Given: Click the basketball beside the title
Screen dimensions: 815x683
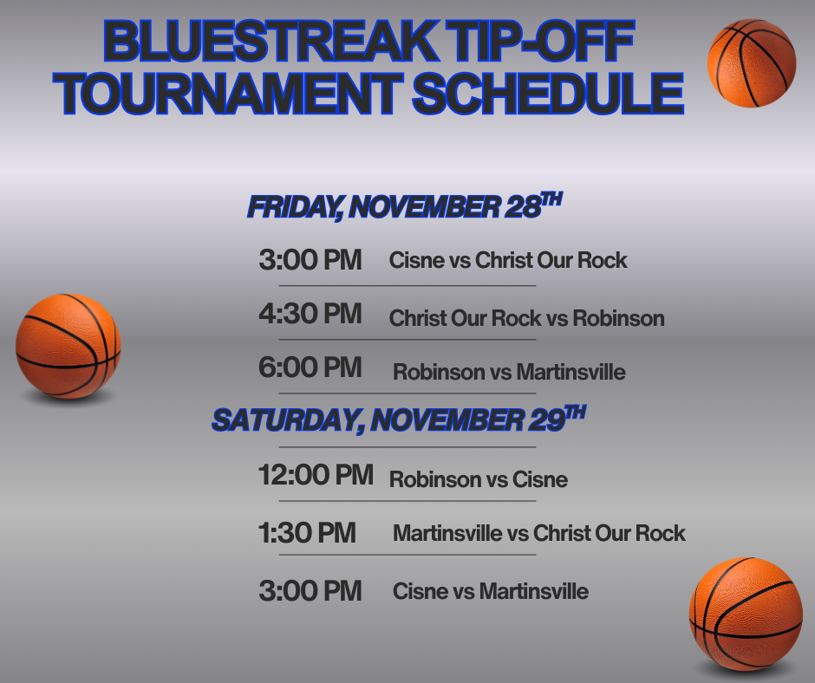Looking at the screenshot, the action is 752,63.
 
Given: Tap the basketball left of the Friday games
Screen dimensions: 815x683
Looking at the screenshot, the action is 68,346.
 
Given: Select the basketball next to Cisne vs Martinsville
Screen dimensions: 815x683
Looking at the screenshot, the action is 746,615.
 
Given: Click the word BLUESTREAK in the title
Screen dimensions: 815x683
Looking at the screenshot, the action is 271,41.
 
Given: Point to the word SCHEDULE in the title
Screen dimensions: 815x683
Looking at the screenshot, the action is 548,93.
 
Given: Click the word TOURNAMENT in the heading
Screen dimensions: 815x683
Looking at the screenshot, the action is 229,93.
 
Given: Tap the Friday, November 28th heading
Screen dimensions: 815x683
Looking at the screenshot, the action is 404,206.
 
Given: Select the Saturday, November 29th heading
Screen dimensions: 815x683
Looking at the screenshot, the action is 399,419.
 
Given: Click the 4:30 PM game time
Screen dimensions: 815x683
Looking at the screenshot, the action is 310,314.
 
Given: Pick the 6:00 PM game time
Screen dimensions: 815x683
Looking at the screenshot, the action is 310,368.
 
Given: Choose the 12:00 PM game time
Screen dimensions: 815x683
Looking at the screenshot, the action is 316,475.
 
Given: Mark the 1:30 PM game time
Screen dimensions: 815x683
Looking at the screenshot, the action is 307,533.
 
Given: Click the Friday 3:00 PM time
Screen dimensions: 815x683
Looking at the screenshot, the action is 310,260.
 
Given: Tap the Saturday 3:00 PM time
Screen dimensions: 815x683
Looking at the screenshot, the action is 310,591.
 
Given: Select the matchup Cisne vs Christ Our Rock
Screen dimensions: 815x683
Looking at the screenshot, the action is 508,260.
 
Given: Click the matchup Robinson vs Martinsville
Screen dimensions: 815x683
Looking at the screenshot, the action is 509,372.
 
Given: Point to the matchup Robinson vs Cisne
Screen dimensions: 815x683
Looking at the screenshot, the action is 479,479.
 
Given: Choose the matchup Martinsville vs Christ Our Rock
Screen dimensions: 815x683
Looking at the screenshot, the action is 539,533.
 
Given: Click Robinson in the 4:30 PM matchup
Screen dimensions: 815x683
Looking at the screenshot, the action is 618,318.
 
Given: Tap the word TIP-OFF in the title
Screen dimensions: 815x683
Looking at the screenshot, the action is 540,41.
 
